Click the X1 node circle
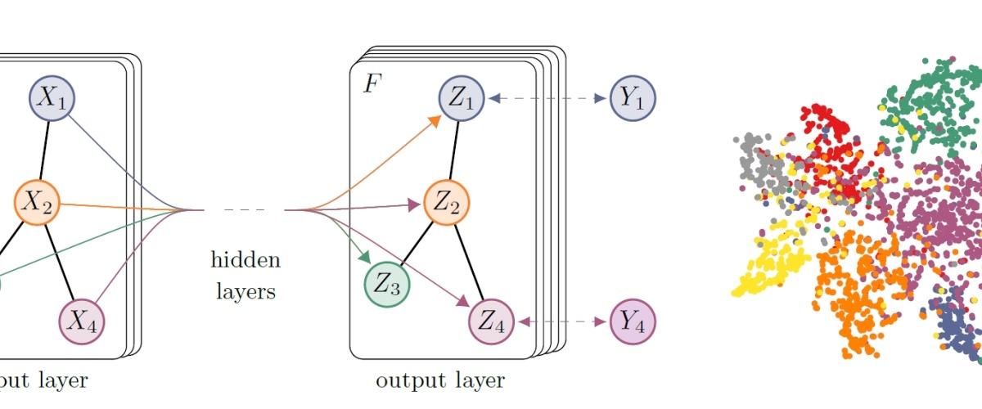(x=53, y=98)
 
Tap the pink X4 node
(x=83, y=320)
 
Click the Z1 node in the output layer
(x=462, y=98)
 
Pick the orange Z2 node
(x=446, y=203)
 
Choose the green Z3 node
(x=386, y=285)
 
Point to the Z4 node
(x=491, y=321)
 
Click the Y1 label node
(x=633, y=98)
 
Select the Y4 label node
(x=633, y=321)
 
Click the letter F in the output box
(x=372, y=84)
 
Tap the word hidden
(x=245, y=261)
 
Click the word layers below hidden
(x=245, y=290)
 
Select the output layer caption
(x=440, y=380)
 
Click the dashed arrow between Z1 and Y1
(x=547, y=98)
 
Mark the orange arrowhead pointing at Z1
(x=438, y=119)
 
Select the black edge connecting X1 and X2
(x=46, y=151)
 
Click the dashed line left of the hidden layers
(x=244, y=210)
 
